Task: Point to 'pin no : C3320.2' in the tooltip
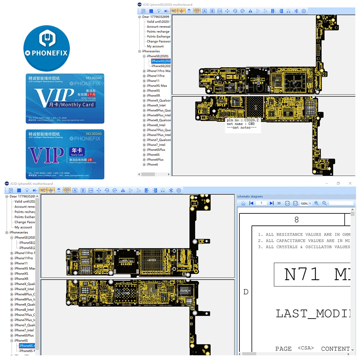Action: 243,120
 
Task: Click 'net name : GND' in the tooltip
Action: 240,124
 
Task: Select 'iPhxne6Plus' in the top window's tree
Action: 155,159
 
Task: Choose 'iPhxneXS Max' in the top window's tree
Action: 157,86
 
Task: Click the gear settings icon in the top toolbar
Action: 304,11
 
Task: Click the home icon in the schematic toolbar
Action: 243,203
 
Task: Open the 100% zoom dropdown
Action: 310,203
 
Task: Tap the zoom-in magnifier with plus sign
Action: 316,203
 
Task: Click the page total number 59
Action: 279,203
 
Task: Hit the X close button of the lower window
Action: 350,184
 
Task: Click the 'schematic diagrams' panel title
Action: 250,197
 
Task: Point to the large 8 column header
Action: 296,220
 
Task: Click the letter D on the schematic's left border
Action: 246,292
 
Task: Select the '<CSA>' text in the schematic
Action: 306,348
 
